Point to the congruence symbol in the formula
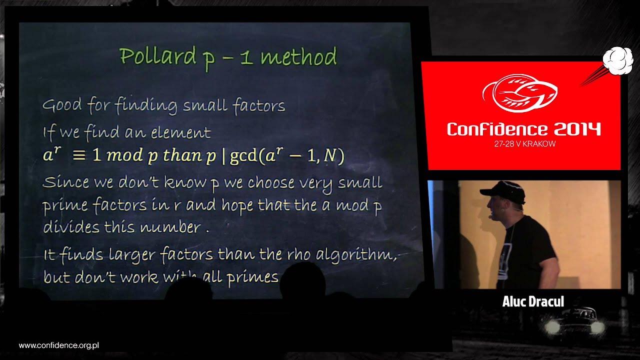coord(79,155)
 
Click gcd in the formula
coord(244,156)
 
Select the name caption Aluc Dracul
coord(533,301)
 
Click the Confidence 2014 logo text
coord(523,129)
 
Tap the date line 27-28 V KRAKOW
coord(523,144)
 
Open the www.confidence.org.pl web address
coord(58,345)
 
